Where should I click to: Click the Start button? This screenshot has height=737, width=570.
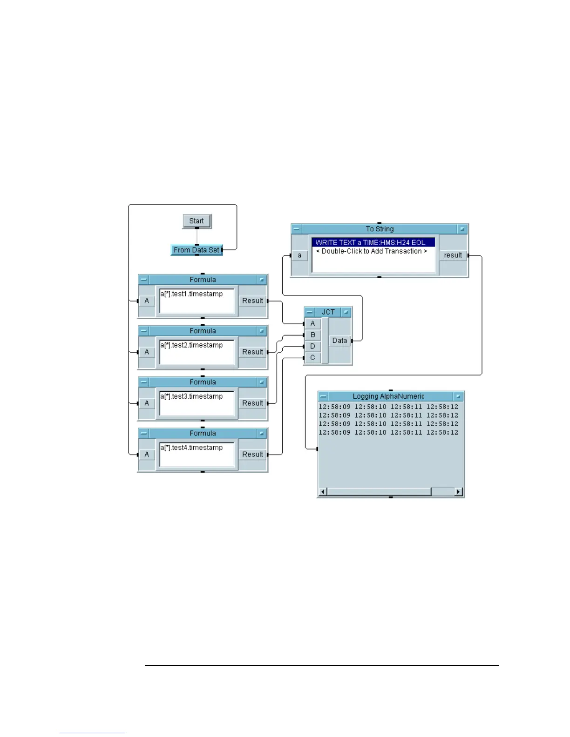click(x=197, y=221)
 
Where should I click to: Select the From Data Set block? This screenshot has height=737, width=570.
click(x=196, y=250)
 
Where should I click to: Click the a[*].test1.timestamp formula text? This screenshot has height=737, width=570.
click(x=191, y=294)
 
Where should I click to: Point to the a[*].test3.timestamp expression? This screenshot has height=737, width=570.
click(x=191, y=396)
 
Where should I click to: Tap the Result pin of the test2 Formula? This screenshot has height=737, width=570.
click(x=252, y=352)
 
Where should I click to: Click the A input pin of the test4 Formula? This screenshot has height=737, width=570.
click(x=147, y=455)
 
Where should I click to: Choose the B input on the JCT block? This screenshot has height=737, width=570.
click(x=312, y=335)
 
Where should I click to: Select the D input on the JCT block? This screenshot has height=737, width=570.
click(x=312, y=346)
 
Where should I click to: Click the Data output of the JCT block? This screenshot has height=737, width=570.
click(x=339, y=341)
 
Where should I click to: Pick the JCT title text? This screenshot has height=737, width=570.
click(x=328, y=312)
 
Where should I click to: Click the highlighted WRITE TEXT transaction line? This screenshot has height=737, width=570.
click(x=371, y=242)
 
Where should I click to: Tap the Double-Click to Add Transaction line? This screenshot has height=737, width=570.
click(x=371, y=251)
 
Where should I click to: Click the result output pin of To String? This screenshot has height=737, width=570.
click(x=453, y=255)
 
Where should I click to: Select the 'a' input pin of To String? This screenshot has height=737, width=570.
click(x=299, y=255)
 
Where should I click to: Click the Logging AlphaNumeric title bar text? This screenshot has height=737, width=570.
click(x=388, y=396)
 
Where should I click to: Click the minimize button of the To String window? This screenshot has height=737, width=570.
click(x=297, y=229)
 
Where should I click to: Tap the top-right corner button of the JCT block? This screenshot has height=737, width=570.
click(x=346, y=312)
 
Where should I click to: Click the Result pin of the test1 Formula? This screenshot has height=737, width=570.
click(x=252, y=301)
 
